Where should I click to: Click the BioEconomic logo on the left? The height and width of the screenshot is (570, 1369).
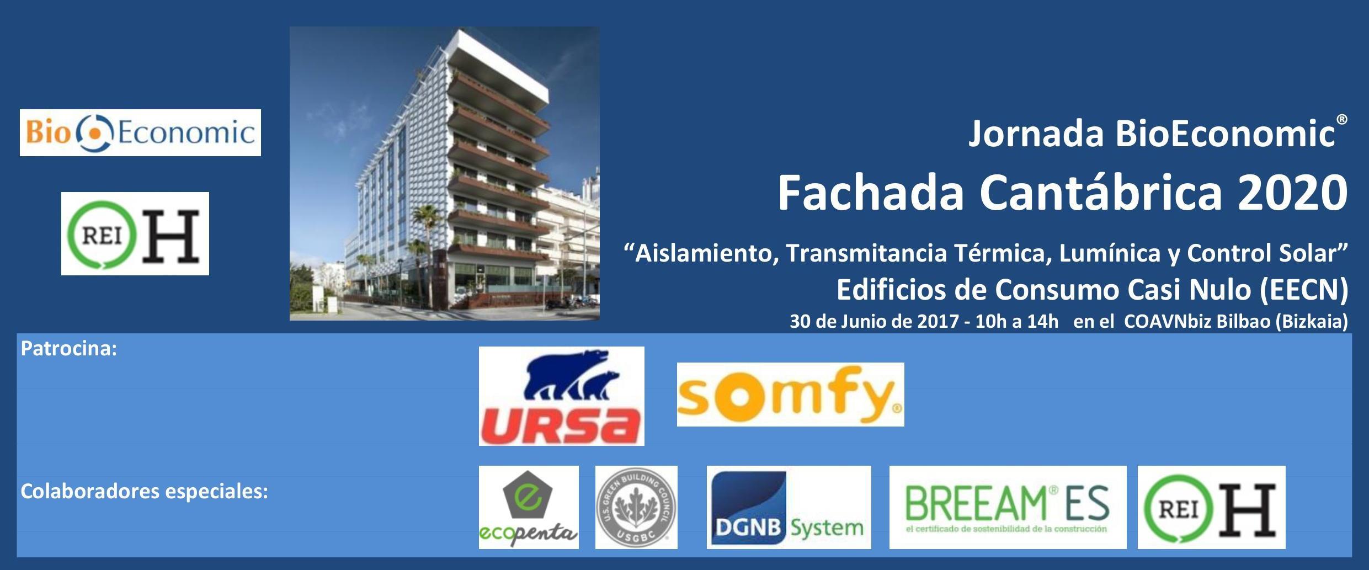[x=140, y=132]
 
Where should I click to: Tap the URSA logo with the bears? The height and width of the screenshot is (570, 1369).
[x=561, y=396]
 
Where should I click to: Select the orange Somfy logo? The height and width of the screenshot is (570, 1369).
[x=790, y=395]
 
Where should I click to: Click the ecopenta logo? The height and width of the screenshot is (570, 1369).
[x=529, y=507]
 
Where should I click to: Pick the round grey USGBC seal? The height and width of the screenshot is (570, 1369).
[x=636, y=507]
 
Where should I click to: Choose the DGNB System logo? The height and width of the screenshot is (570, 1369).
[x=789, y=507]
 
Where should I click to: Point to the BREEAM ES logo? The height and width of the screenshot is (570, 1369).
[x=1008, y=507]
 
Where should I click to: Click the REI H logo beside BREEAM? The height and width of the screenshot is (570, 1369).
[x=1211, y=507]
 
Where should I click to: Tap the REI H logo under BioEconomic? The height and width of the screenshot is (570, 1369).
[x=135, y=233]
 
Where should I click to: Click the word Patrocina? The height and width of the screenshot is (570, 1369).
[x=68, y=349]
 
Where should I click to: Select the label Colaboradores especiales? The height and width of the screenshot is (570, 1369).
[x=144, y=491]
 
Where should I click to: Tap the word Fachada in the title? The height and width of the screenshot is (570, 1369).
[x=870, y=193]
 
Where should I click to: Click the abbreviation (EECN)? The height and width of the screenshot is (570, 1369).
[x=1304, y=290]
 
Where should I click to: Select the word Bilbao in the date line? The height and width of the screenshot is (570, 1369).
[x=1244, y=321]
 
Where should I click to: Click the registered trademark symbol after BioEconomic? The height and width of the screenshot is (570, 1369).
[x=1342, y=119]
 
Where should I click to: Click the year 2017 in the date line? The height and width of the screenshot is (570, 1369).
[x=938, y=321]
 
